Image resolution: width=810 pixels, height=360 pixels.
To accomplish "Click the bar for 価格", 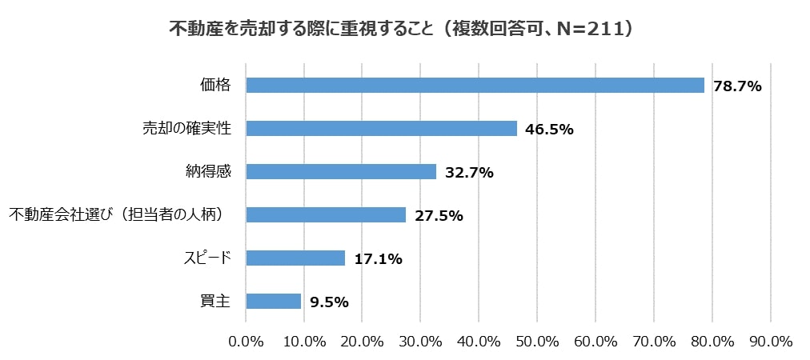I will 475,85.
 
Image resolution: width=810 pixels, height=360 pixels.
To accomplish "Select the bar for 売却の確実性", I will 382,128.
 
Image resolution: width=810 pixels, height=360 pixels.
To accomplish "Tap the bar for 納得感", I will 341,171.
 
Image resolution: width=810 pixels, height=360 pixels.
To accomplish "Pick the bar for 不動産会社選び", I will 326,214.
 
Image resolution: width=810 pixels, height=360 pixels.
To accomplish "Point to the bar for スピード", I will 295,258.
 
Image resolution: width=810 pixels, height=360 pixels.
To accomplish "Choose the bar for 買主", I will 274,301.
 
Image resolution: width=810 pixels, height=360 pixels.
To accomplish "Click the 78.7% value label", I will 737,86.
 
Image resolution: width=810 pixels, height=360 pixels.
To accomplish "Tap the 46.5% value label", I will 550,129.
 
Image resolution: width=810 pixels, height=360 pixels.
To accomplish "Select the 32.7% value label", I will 469,172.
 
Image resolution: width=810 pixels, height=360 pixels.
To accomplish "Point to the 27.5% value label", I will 439,215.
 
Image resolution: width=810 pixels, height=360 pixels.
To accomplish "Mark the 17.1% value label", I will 378,258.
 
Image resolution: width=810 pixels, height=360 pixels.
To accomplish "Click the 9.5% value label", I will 328,302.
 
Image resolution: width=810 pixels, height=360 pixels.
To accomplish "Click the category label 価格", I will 215,85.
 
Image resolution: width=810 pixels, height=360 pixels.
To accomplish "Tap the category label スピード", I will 207,258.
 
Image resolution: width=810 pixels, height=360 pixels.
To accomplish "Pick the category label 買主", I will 215,301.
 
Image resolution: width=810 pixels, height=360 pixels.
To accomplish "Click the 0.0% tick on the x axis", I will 247,342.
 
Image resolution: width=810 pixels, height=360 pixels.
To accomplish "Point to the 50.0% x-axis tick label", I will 537,342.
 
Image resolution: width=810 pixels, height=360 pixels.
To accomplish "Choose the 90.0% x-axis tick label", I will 770,342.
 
